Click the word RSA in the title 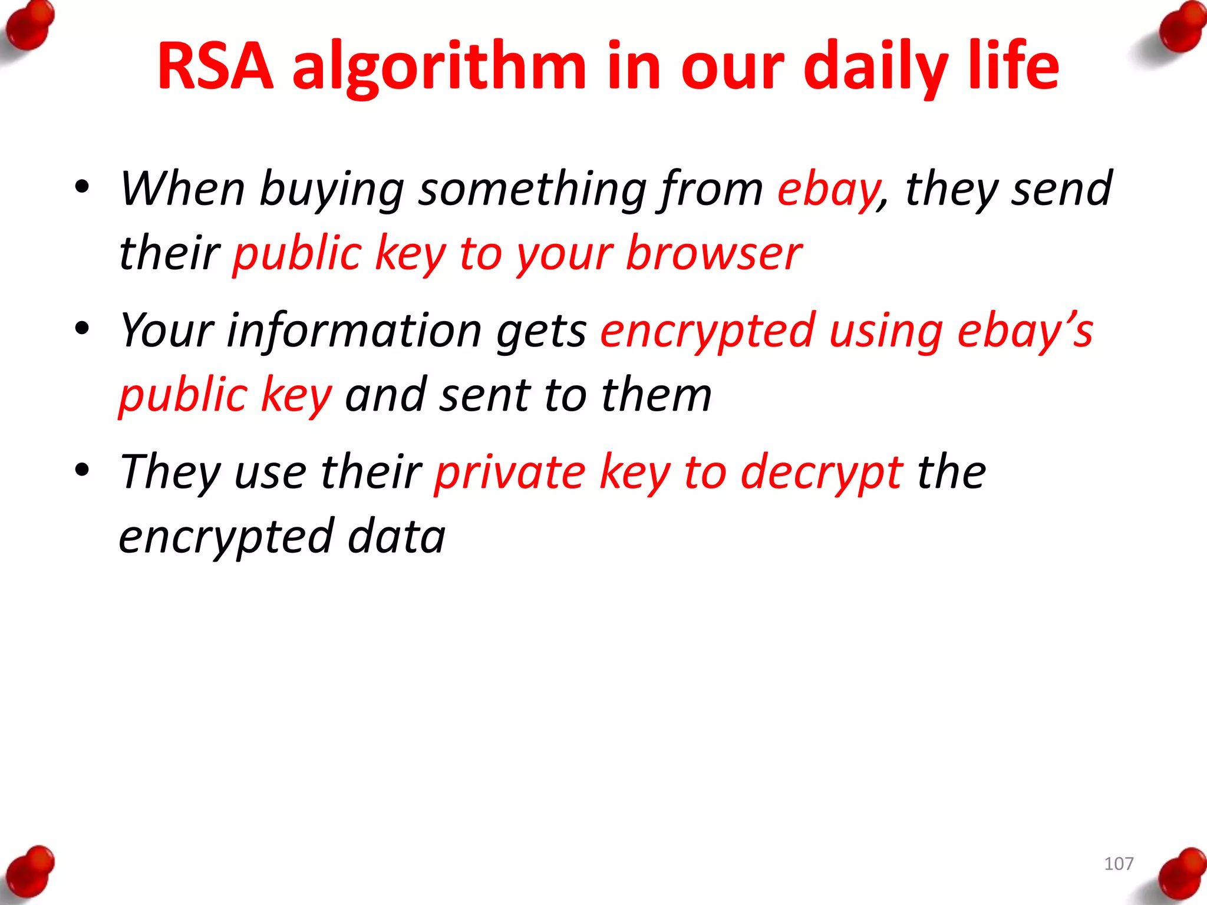(216, 66)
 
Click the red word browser (714, 254)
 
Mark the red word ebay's (1025, 331)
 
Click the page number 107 (1119, 864)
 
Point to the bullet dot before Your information (82, 328)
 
